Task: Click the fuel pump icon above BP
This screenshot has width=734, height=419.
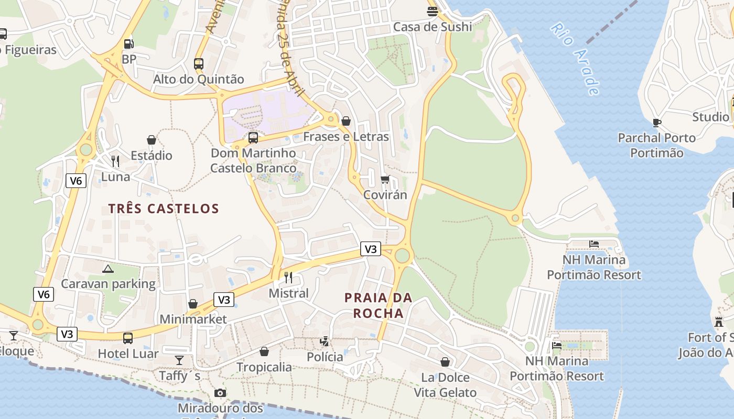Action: (x=128, y=44)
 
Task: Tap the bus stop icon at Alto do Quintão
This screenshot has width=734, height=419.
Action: (x=198, y=64)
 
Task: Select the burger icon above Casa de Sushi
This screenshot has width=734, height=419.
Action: (x=433, y=11)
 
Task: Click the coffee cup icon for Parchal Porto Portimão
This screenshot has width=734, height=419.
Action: (x=656, y=123)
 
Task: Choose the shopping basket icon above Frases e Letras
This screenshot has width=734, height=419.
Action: (x=346, y=121)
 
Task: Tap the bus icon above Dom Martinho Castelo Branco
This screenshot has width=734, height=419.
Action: (x=253, y=138)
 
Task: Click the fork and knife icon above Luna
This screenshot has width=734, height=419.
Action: (x=115, y=161)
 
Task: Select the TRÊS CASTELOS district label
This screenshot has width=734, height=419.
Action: (x=164, y=208)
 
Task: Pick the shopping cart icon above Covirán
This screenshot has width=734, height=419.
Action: (x=385, y=180)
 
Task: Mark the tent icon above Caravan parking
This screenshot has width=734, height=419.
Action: (x=108, y=269)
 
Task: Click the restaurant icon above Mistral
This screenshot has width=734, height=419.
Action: (x=288, y=277)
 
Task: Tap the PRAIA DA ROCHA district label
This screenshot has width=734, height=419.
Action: (x=378, y=305)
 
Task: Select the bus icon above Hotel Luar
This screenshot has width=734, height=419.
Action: (x=128, y=338)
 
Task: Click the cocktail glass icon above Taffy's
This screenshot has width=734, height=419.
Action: (x=179, y=360)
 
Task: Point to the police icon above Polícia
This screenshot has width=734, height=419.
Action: (x=325, y=341)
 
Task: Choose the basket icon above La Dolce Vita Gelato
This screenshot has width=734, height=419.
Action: (x=445, y=362)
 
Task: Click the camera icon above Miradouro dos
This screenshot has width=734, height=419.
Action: (x=220, y=393)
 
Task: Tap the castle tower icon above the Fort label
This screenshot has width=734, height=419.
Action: (x=719, y=322)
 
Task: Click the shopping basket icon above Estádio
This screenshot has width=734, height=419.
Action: (x=152, y=140)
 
